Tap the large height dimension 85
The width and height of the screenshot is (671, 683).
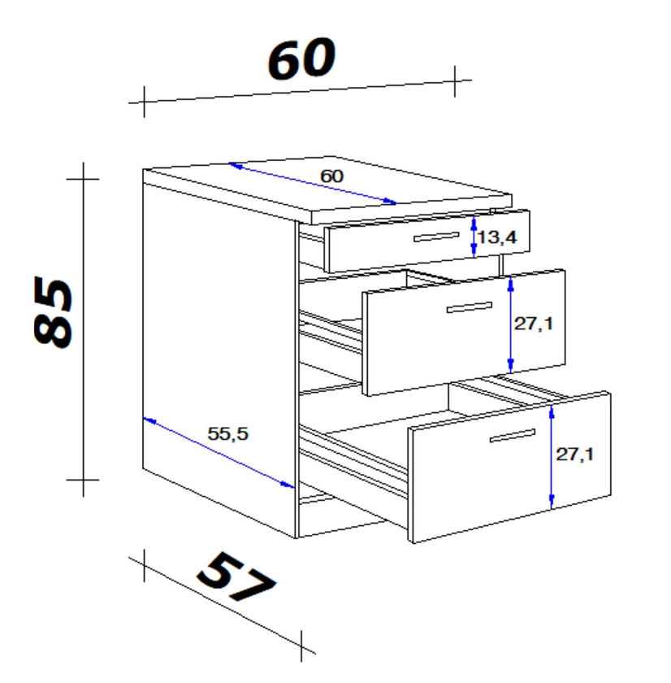pos(53,312)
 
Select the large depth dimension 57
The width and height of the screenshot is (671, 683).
pos(236,576)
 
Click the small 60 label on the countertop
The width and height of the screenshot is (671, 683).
pos(331,176)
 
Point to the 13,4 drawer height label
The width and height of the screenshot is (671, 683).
pos(497,237)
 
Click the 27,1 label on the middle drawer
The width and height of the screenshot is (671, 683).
pos(534,324)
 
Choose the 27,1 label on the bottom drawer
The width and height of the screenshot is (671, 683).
pos(574,455)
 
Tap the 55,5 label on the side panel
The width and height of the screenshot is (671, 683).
pos(227,433)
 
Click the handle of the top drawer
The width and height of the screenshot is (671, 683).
pos(436,237)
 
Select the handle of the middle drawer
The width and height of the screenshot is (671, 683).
pos(470,307)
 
